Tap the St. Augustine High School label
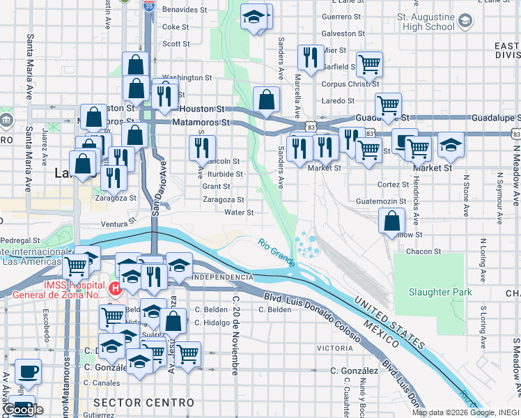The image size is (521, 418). (x=425, y=21)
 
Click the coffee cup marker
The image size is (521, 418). (x=29, y=371)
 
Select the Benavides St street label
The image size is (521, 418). (x=185, y=10)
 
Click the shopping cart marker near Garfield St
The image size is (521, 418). (x=369, y=64)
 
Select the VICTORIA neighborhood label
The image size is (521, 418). (x=334, y=348)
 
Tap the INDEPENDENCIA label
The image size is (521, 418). (x=222, y=277)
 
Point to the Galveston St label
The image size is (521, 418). (x=343, y=33)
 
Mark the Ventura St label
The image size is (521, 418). (x=117, y=224)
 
